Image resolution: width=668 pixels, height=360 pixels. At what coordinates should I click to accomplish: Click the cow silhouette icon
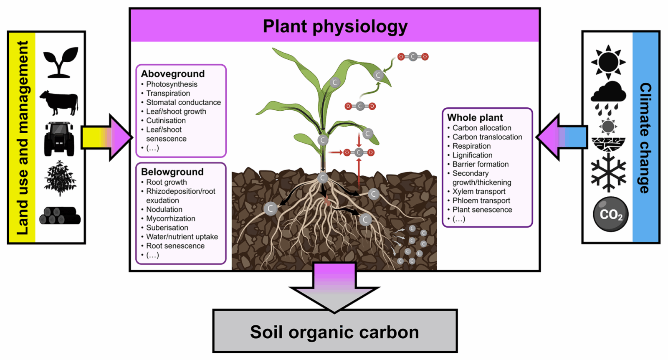59,102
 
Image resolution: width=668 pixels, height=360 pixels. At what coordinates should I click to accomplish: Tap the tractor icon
59,139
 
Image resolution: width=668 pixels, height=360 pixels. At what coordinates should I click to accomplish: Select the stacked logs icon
60,216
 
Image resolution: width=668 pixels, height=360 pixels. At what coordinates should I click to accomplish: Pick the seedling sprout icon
61,62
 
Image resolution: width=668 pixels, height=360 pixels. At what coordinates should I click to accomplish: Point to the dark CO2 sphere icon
610,214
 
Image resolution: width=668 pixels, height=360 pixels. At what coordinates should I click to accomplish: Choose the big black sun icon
608,62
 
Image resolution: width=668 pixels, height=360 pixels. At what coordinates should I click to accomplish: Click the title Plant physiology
335,26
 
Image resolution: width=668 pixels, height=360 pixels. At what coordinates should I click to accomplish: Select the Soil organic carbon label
334,332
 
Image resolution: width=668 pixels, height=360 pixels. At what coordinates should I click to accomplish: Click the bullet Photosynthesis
172,84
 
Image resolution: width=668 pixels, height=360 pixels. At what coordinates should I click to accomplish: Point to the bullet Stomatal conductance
183,102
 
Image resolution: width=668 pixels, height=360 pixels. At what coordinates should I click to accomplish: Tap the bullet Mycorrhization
170,218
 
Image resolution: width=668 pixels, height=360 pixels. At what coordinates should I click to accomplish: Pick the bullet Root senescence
175,246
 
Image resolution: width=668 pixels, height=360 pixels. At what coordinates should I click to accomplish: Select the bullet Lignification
472,155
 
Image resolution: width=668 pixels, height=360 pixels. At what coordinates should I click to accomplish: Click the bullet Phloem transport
481,201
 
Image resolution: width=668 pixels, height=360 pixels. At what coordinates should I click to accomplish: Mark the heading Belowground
172,172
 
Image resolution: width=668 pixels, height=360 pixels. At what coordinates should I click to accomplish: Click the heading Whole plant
475,118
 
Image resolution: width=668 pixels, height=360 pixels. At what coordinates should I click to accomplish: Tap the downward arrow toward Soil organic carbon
334,288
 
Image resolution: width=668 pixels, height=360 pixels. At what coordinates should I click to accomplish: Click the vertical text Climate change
645,138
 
